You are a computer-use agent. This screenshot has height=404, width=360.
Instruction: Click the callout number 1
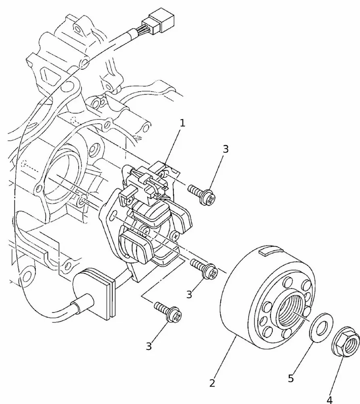[x=182, y=123]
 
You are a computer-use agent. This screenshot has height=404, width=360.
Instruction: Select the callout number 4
[x=330, y=400]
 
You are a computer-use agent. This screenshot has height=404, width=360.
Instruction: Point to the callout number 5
[x=291, y=379]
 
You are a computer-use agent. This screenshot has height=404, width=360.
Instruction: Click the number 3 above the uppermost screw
[x=226, y=149]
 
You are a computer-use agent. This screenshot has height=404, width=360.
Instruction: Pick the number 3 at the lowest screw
[x=149, y=346]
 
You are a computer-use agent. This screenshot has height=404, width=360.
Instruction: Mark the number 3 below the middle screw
[x=189, y=294]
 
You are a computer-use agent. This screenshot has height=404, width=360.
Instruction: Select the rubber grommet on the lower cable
[x=96, y=289]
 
